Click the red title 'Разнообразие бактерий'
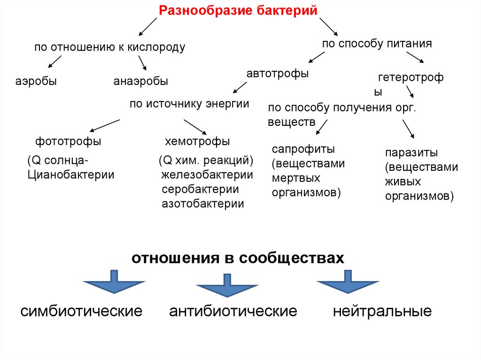[238, 10]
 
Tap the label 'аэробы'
[36, 81]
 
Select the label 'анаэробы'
[140, 81]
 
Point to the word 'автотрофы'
[278, 74]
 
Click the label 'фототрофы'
[68, 141]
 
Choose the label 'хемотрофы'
[197, 141]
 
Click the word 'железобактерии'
[207, 175]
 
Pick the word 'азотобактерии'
[203, 204]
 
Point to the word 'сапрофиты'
[303, 150]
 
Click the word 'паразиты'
[411, 153]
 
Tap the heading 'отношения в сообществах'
[238, 259]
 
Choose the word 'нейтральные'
[382, 311]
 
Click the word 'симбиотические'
[81, 311]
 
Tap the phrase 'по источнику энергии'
[189, 104]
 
